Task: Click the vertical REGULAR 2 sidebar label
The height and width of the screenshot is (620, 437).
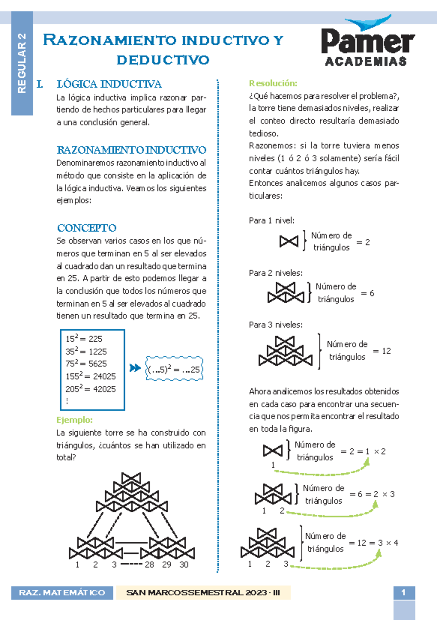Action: tap(22, 63)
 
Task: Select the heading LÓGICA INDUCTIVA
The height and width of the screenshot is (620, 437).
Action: tap(109, 84)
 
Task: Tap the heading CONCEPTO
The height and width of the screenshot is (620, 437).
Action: tap(87, 228)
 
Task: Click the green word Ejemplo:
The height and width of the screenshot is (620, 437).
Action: tap(75, 420)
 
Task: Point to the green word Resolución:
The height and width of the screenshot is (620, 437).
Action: tap(273, 83)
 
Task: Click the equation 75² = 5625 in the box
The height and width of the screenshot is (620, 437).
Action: tap(86, 364)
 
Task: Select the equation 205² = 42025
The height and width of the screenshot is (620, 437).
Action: tap(91, 389)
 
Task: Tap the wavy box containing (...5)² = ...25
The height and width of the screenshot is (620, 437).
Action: tap(174, 369)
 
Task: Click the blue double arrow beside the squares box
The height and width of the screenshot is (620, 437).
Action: tap(135, 368)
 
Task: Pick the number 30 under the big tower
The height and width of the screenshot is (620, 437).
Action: tap(184, 565)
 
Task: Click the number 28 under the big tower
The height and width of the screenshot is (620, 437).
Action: tap(149, 565)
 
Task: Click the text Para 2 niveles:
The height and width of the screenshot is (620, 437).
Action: tap(276, 273)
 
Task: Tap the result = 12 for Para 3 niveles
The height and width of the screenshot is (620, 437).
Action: tap(382, 351)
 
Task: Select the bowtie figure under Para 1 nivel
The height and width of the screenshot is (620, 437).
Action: tap(289, 241)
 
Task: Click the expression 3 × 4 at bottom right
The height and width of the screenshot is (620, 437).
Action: tap(388, 543)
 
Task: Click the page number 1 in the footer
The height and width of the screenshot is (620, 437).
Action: tap(403, 593)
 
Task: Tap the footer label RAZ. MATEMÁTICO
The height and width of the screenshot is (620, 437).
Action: tap(62, 593)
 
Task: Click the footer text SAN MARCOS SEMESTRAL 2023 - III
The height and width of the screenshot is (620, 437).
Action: tap(203, 593)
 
